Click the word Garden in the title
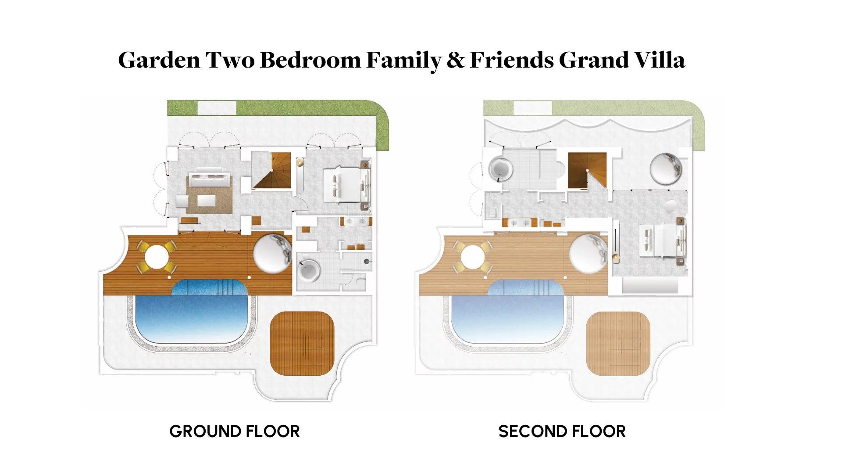pos(159,60)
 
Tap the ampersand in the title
pos(456,60)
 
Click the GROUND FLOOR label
pos(235,431)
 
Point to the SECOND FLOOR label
pos(562,431)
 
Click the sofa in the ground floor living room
pos(209,180)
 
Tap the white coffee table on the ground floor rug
pos(206,201)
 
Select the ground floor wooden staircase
pos(272,171)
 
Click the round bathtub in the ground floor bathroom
pos(309,270)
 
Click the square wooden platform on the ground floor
pos(302,343)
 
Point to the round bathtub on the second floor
pos(500,168)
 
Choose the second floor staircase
pos(588,170)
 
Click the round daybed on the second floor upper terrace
pos(666,169)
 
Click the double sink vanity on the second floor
pos(520,223)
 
